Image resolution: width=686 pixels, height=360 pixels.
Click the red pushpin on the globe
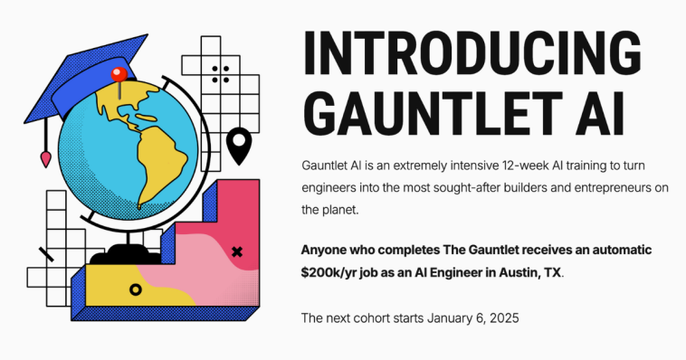116,74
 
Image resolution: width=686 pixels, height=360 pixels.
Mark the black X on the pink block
238,251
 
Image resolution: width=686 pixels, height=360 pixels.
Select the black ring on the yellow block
135,289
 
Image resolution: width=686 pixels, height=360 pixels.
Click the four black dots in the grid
220,74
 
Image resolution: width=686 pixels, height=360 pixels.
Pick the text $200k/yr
332,271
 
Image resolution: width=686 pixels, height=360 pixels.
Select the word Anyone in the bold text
327,249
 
